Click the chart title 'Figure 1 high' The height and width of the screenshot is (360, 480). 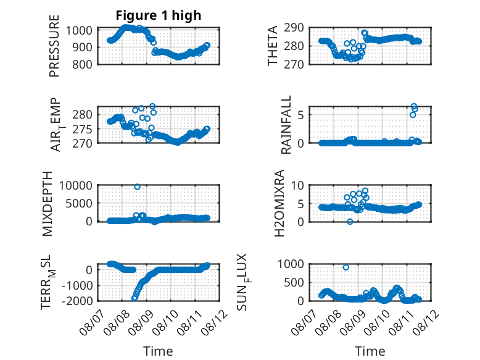point(159,15)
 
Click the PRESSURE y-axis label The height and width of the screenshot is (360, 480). point(54,46)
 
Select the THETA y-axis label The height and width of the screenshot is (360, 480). point(272,46)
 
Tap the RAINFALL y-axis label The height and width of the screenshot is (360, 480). point(286,125)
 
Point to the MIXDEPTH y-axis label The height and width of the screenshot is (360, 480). point(47,204)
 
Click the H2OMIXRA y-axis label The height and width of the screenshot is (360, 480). point(279,203)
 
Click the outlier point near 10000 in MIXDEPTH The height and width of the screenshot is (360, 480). point(137,186)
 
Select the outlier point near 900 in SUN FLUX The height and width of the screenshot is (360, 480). point(346,267)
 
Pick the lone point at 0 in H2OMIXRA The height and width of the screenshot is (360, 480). point(350,222)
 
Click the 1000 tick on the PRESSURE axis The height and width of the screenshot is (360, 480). point(79,30)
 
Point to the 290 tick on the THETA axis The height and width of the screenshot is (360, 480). point(294,28)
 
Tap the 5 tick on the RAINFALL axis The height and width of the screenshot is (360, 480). point(300,115)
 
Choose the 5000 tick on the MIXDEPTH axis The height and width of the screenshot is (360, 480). point(79,203)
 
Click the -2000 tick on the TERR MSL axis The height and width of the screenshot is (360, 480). point(77,301)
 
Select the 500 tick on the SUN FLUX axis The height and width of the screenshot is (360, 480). point(294,282)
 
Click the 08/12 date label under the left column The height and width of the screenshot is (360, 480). point(215,322)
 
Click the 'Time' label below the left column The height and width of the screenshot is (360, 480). point(159,351)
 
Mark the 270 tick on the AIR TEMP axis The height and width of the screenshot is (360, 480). point(82,143)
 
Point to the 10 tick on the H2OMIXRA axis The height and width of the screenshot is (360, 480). point(297,185)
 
